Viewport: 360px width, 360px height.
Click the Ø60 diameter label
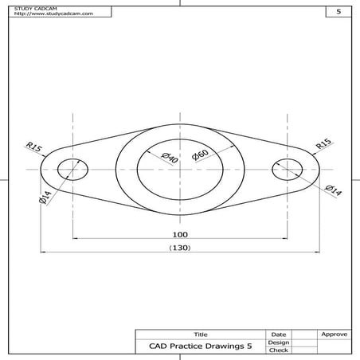[199, 152]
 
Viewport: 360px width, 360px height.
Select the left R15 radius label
[33, 147]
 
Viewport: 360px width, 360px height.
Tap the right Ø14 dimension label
[334, 189]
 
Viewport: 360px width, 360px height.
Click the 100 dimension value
[180, 234]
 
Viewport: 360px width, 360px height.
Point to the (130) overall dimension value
[180, 248]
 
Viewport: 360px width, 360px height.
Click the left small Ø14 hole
[72, 170]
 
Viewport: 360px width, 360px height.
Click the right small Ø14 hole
[288, 170]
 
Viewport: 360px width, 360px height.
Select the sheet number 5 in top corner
[338, 12]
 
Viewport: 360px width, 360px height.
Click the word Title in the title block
[200, 334]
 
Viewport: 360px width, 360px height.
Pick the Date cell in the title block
[279, 334]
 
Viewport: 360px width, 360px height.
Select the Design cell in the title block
[279, 342]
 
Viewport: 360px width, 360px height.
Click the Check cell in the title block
[279, 350]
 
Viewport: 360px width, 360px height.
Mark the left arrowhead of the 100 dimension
[75, 237]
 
